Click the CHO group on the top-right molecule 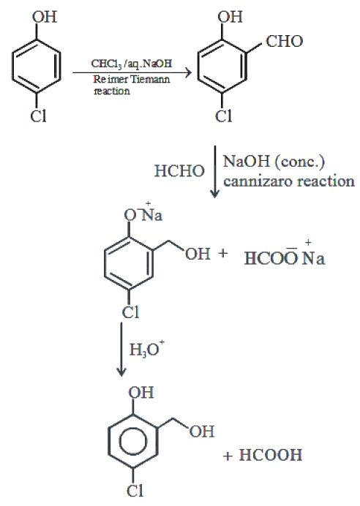click(x=285, y=41)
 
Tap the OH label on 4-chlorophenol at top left click(x=44, y=17)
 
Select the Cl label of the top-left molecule click(x=39, y=116)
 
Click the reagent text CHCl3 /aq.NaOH click(x=132, y=64)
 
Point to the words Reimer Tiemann click(x=132, y=79)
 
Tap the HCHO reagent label click(x=179, y=170)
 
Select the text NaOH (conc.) click(x=274, y=161)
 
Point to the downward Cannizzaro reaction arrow click(x=214, y=171)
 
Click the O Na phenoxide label click(x=143, y=214)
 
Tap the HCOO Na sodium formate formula click(x=285, y=257)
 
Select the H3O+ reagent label click(x=147, y=349)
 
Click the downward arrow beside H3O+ click(x=121, y=349)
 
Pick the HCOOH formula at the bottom click(x=271, y=455)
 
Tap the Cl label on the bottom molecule click(x=135, y=491)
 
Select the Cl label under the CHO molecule click(x=223, y=116)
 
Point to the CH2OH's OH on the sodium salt click(x=198, y=254)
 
